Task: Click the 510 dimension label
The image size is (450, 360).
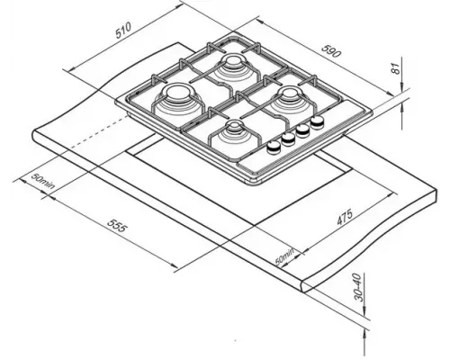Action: [123, 30]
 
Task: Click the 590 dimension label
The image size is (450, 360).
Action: [331, 50]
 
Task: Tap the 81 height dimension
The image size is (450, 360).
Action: [397, 68]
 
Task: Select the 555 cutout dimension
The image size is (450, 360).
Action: [118, 225]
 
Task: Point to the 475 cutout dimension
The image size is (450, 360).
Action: [345, 217]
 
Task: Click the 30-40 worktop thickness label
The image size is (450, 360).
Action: [358, 287]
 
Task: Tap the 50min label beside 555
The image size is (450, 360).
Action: [43, 181]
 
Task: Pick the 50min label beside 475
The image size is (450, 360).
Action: [284, 256]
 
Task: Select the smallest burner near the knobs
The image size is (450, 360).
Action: [233, 125]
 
